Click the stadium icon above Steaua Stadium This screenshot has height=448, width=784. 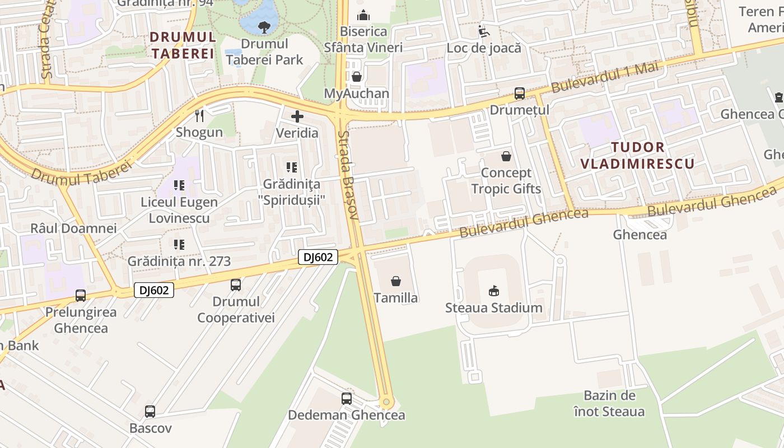pos(493,291)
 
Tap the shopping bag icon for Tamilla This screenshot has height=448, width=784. pos(396,281)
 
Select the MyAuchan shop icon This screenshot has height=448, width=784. pos(356,76)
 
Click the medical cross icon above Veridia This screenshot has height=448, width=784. pos(297,116)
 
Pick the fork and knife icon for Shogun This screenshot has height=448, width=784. pos(199,116)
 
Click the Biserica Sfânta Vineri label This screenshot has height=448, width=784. pos(363,39)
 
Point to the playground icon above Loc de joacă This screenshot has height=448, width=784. pos(483,31)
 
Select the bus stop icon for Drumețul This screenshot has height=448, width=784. pos(519,94)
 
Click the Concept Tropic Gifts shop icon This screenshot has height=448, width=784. pos(506,156)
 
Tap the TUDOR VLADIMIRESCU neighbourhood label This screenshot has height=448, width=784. pos(637,156)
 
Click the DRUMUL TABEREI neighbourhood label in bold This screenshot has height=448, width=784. pos(183,45)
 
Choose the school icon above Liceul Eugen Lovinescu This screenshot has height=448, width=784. pos(179,185)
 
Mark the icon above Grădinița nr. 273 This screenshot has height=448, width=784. pos(179,244)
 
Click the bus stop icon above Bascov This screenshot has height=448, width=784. pos(150,412)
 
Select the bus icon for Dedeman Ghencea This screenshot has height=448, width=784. pos(347,399)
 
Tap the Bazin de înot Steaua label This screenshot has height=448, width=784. pos(609,404)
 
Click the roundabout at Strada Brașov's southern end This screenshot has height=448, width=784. pos(386,402)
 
